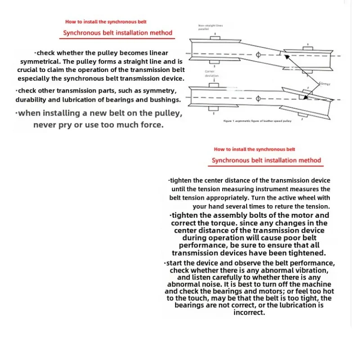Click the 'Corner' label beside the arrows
[325, 84]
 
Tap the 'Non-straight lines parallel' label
[210, 27]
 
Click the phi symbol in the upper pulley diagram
[258, 55]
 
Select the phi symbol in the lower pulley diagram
[258, 99]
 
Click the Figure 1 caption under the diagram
[257, 121]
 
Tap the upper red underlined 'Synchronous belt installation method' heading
[117, 33]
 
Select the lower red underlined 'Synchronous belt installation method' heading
[266, 160]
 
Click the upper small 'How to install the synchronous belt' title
[106, 22]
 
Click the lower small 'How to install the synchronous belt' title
[254, 149]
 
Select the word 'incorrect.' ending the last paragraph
[249, 312]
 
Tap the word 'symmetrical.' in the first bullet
[40, 61]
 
